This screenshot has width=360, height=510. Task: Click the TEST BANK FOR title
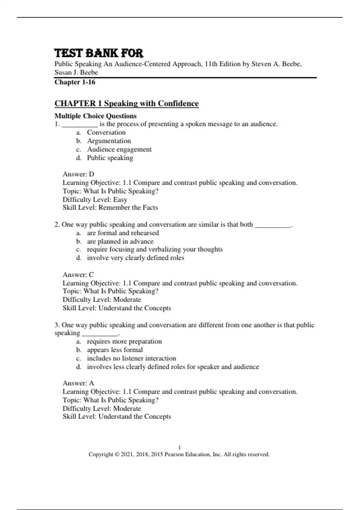point(99,53)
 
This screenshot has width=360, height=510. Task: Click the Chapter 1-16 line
point(75,82)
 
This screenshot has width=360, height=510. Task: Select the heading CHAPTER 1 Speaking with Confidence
point(126,103)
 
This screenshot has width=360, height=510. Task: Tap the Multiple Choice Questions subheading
point(95,116)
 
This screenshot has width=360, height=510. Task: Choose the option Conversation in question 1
point(106,133)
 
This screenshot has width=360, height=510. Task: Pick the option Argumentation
point(109,141)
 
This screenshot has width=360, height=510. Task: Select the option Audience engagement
point(119,149)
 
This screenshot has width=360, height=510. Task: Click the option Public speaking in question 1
point(110,158)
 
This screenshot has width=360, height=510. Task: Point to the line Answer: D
point(78,174)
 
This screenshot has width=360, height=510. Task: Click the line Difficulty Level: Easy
point(95,199)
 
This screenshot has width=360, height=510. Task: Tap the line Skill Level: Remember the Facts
point(110,208)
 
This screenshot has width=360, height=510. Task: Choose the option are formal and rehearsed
point(123,233)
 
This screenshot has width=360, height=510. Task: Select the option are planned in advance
point(120,241)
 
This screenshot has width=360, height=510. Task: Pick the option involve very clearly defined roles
point(135,258)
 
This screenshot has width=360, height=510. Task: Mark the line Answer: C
point(78,275)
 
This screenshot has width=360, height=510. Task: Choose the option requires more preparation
point(124,341)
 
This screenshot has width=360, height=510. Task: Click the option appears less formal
point(115,350)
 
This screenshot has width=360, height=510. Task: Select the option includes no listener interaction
point(131,358)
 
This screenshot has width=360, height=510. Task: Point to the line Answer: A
point(78,383)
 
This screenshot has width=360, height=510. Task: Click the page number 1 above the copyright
point(179,448)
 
